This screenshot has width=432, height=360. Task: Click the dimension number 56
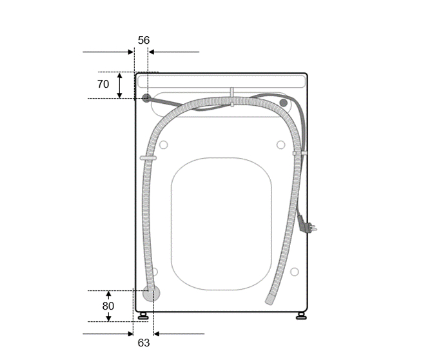[x=144, y=40]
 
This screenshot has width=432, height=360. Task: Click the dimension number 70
[x=103, y=84]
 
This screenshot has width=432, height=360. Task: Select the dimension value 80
[x=108, y=306]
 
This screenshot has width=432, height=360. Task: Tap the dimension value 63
[x=144, y=343]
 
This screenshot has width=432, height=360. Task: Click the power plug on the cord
[x=306, y=225]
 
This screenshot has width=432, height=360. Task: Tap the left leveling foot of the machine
[x=143, y=316]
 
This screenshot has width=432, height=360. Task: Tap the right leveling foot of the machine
[x=301, y=316]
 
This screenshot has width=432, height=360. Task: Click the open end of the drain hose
[x=270, y=299]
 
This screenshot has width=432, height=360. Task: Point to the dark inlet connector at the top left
[x=146, y=97]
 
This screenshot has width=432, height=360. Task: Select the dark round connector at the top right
[x=284, y=103]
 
